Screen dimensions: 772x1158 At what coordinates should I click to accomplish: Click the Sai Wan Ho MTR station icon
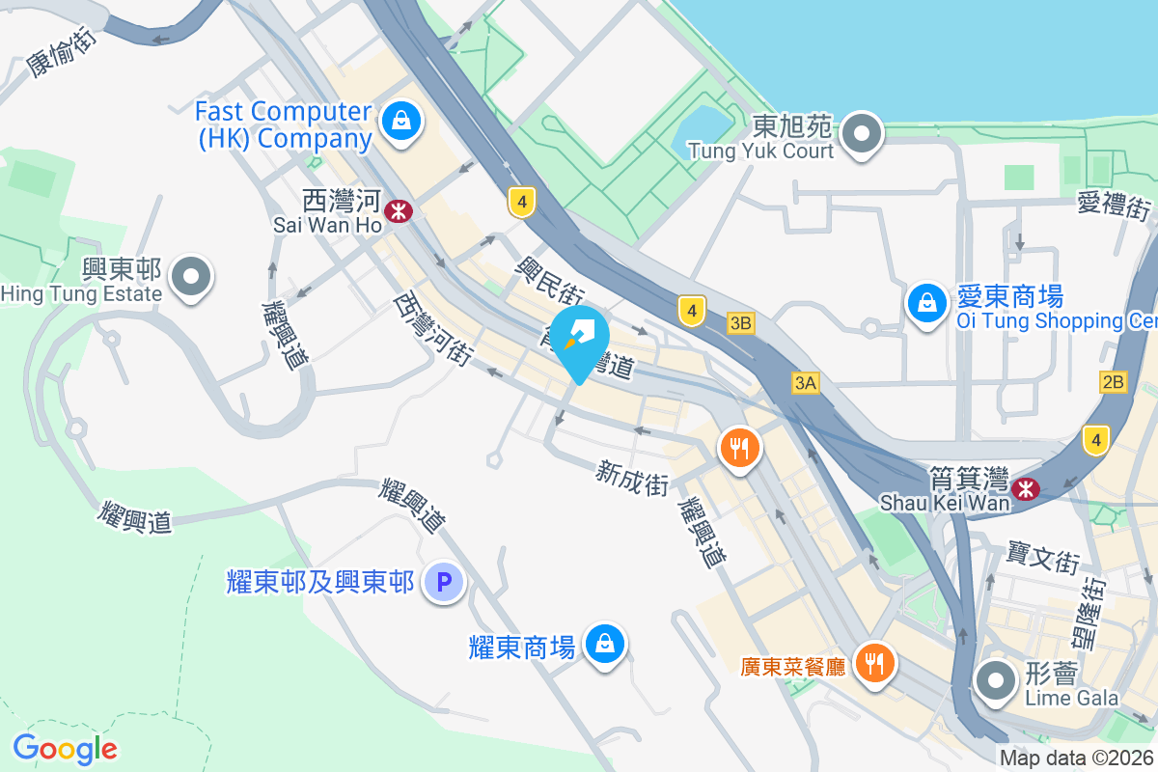[x=397, y=209]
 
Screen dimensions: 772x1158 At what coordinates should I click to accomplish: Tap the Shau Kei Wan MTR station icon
[x=1026, y=489]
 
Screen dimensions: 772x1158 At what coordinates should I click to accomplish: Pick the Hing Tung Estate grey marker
[x=190, y=277]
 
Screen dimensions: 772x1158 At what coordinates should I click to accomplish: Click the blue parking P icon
[x=444, y=582]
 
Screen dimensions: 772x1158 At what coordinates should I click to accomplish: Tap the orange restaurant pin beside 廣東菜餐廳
[x=874, y=664]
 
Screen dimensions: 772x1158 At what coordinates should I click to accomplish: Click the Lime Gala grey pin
[x=995, y=680]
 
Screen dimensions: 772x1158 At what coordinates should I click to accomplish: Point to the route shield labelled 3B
[x=741, y=324]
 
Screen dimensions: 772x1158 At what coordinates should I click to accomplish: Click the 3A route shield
[x=806, y=383]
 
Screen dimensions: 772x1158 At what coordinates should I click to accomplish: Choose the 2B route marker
[x=1113, y=382]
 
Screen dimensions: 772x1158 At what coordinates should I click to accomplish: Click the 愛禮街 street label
[x=1115, y=207]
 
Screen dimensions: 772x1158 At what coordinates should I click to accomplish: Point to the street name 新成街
[x=633, y=477]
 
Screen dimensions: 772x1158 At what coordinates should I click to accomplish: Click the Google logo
[x=65, y=749]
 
